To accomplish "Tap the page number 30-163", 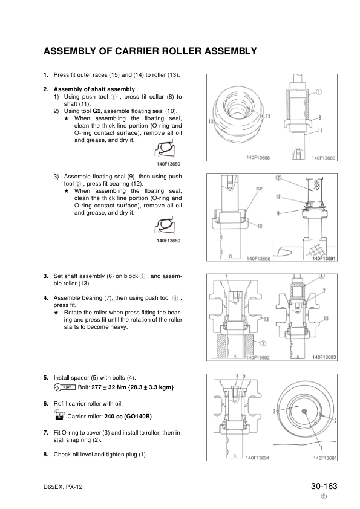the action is coord(324,486).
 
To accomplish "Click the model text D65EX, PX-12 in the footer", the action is coord(63,487).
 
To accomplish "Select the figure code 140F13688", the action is coord(258,158).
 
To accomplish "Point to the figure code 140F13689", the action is coord(323,158).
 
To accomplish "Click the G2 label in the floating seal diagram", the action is coord(259,189).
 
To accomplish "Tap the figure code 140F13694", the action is coord(258,458).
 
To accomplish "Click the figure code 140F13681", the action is coord(325,458).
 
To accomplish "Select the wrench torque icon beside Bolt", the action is coord(65,387).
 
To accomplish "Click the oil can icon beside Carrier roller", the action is coord(59,415).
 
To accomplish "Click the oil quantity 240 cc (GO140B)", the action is coord(128,416).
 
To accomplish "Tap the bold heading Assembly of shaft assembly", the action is coord(94,89).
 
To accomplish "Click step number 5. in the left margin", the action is coord(46,378).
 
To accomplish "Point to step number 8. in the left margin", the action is coord(46,455).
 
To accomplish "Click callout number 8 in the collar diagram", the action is coord(319,118).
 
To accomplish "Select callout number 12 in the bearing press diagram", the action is coord(278,196).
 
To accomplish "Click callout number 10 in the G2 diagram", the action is coord(260,226).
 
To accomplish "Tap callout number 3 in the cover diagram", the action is coord(275,412).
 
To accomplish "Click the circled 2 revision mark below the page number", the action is coord(324,496).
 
